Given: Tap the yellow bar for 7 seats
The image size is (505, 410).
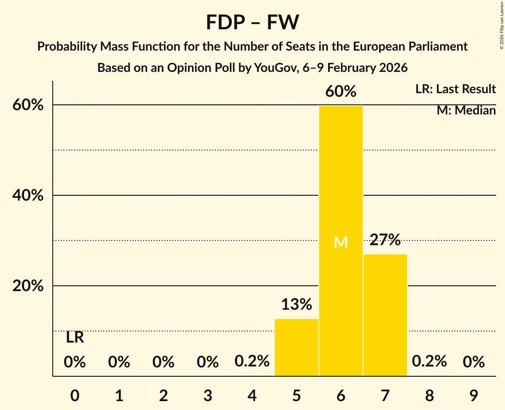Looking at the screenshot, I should coord(385,315).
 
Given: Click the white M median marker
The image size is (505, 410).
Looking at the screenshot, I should coord(341,242).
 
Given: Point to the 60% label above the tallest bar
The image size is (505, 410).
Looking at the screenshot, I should coord(341,91).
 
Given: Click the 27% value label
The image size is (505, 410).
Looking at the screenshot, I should coord(385,240).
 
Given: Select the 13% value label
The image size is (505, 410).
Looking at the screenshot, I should coord(297,304).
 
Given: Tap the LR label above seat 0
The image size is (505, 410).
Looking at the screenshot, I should coord(75,338).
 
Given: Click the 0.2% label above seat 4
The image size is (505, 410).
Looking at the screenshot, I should coord(252,361).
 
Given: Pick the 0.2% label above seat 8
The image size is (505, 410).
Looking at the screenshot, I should coord(429,361).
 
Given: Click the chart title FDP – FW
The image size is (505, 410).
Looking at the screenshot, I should coord(252,22).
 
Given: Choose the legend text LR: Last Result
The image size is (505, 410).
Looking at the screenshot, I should coord(455,89).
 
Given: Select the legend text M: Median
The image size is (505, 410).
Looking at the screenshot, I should coord(466,110).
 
